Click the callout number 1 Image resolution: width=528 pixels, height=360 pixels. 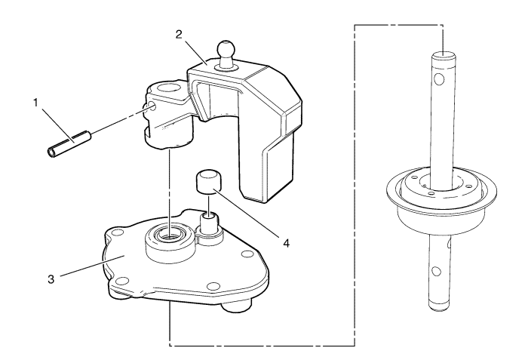(35, 103)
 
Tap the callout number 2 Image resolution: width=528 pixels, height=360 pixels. (179, 35)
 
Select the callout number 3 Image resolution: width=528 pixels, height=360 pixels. (51, 279)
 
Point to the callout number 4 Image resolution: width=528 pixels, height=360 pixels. (286, 243)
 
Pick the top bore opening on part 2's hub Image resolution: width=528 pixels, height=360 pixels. (167, 90)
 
